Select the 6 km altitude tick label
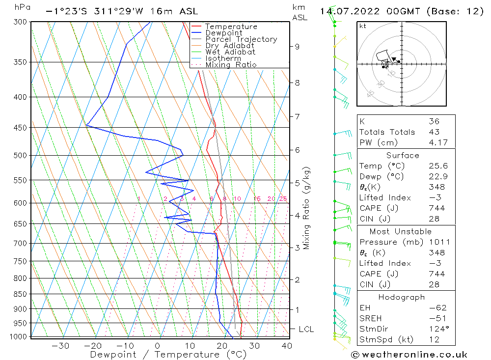(297, 150)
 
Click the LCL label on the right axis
(306, 329)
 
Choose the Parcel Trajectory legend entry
(241, 39)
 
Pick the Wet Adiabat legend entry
(230, 52)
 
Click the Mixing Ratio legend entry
(231, 65)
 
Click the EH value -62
(436, 308)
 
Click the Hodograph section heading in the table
(402, 297)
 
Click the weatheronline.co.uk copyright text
(409, 354)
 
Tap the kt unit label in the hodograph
(363, 26)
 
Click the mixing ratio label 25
(283, 198)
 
